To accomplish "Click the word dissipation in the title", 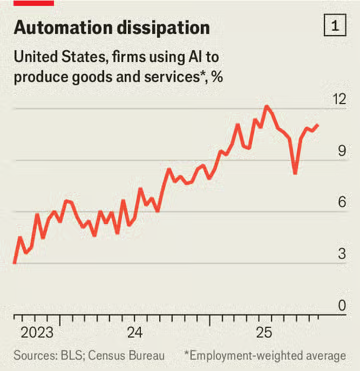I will click(x=182, y=27).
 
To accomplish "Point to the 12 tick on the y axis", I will click(x=340, y=99).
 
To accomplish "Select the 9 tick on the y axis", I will click(x=341, y=151).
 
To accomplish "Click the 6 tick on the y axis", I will click(x=341, y=203).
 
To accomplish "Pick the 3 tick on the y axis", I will click(x=341, y=254).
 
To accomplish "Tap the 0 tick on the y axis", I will click(x=341, y=306).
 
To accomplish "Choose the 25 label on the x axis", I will click(x=264, y=332).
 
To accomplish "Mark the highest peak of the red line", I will click(x=266, y=106).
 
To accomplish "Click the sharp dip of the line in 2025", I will click(x=295, y=173).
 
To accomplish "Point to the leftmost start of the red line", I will click(x=14, y=262).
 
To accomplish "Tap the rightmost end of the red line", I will click(x=318, y=125).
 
